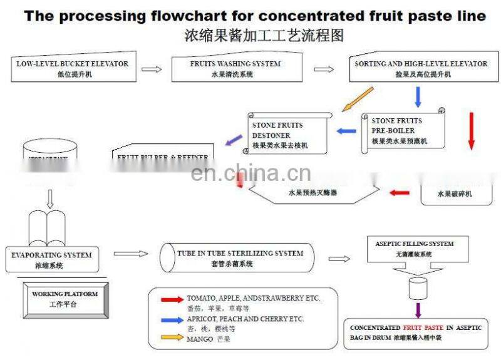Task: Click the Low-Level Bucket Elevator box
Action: [x=73, y=69]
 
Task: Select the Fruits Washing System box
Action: [x=235, y=69]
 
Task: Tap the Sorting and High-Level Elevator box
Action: [x=421, y=69]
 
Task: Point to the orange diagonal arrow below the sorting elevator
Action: [x=358, y=99]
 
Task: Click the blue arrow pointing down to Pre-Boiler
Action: [x=418, y=97]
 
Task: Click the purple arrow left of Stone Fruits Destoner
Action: [x=233, y=142]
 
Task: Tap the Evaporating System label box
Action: [x=51, y=259]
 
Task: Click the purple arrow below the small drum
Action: [x=418, y=309]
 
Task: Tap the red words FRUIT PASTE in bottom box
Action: [x=425, y=327]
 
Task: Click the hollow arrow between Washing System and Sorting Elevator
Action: [x=323, y=69]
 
